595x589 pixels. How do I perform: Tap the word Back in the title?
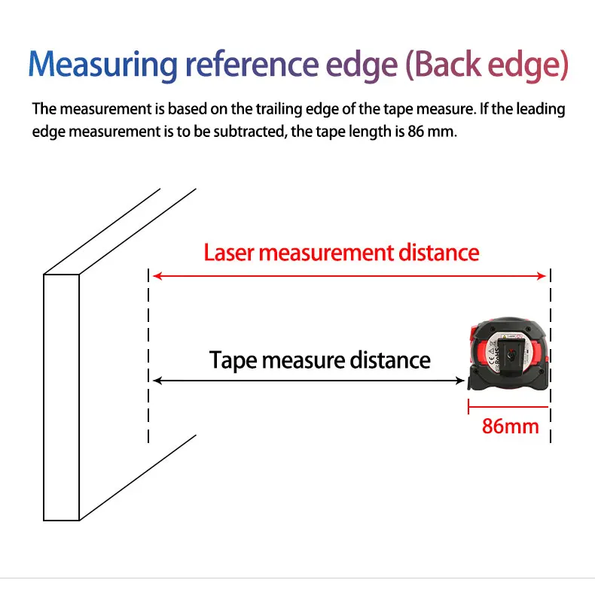pos(450,65)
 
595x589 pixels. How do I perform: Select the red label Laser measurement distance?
pos(341,252)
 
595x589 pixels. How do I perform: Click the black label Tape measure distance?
pos(320,360)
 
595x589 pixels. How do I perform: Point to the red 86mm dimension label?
pos(510,427)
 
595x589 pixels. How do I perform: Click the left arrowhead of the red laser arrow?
pos(157,276)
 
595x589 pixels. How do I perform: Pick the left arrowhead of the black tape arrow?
pos(157,381)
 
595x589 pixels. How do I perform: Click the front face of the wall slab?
pos(61,397)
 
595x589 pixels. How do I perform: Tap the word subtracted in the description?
pos(258,130)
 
